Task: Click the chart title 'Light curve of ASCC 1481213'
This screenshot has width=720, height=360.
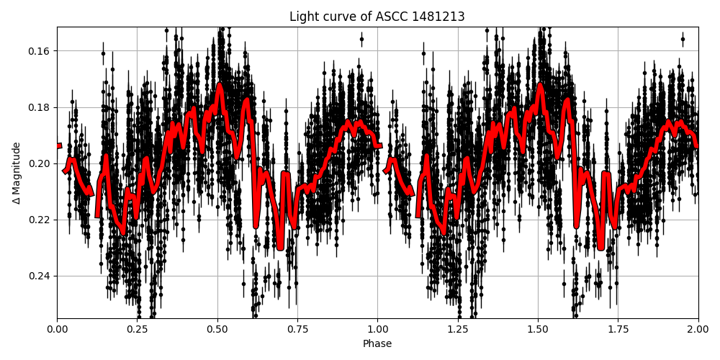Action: click(x=377, y=17)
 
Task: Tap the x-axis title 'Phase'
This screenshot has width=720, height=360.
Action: click(x=377, y=344)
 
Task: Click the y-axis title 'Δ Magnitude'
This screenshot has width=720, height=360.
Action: click(x=17, y=173)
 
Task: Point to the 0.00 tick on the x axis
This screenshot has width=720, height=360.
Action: click(x=58, y=329)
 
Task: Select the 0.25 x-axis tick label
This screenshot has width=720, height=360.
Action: click(x=138, y=329)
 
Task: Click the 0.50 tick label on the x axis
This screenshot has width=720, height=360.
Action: click(x=217, y=329)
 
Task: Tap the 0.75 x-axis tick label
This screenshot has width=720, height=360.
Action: click(x=297, y=329)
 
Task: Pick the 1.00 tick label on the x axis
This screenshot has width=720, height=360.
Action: click(x=377, y=329)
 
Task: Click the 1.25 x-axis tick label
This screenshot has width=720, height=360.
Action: click(x=458, y=329)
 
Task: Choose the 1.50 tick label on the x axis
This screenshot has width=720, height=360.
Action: click(x=538, y=329)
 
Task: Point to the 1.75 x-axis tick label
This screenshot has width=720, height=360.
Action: click(x=618, y=329)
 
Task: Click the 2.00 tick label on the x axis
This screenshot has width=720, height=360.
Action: click(x=698, y=329)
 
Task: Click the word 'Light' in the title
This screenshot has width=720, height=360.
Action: click(x=302, y=17)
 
